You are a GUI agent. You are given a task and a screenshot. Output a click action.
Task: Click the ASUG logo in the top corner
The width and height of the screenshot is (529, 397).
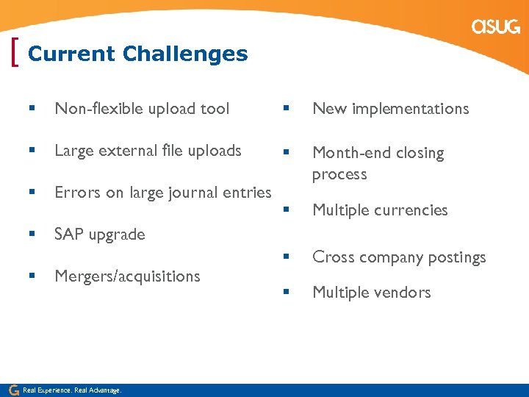(x=496, y=27)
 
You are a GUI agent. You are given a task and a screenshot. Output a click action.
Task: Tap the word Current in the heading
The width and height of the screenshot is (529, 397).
(x=71, y=54)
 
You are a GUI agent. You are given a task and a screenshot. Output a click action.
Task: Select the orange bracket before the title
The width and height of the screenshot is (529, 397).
(x=16, y=54)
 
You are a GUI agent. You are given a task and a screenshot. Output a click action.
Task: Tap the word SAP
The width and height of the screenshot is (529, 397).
(x=69, y=235)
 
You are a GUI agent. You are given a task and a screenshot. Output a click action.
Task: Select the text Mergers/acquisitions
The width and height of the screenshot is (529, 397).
(x=127, y=276)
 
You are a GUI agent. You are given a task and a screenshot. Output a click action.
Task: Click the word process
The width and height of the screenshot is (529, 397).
(x=339, y=175)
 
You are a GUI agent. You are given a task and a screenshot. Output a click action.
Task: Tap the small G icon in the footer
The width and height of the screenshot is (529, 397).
(x=13, y=390)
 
